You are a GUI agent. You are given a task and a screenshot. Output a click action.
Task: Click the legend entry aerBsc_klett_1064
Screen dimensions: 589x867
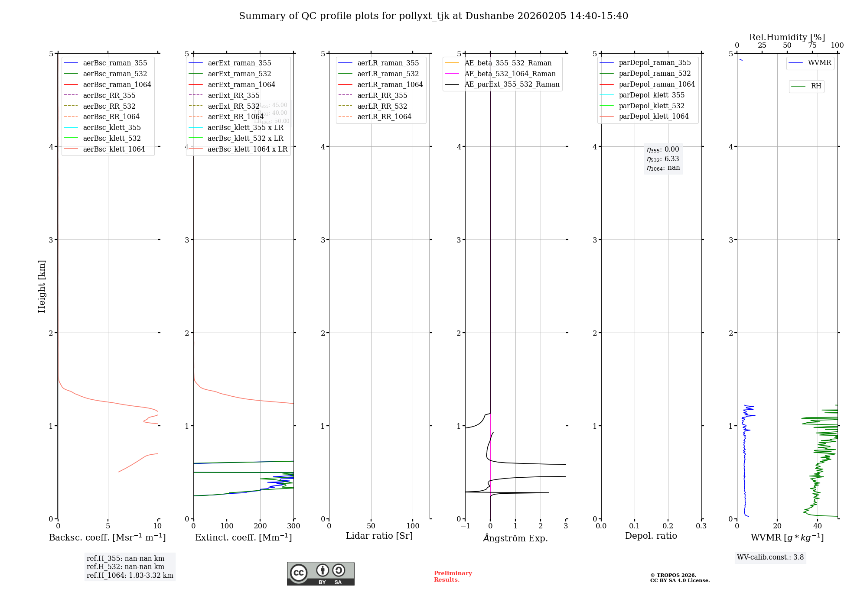click(x=114, y=149)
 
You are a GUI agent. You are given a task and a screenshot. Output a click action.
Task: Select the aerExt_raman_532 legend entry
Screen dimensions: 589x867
click(x=239, y=74)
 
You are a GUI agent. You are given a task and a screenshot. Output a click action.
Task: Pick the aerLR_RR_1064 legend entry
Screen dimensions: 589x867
click(x=384, y=117)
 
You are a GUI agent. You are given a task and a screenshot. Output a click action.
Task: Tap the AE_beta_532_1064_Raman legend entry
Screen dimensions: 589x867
click(x=510, y=74)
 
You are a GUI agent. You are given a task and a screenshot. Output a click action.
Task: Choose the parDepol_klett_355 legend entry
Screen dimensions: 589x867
click(x=652, y=95)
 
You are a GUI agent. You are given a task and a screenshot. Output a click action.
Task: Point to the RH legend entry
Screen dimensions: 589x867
click(x=816, y=86)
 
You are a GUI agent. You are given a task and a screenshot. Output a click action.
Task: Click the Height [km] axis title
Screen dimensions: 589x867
click(x=42, y=286)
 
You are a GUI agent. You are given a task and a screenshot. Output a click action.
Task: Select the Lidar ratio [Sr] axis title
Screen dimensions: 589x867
click(x=379, y=536)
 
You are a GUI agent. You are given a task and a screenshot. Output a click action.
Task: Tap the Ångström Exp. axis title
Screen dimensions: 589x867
click(x=515, y=538)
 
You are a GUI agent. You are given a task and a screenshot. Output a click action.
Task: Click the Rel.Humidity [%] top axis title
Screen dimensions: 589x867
click(x=787, y=37)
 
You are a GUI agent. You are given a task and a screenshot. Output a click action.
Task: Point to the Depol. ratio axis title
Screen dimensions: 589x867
click(x=651, y=536)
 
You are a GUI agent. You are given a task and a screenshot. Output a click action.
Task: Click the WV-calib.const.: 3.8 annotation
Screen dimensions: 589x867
click(x=770, y=557)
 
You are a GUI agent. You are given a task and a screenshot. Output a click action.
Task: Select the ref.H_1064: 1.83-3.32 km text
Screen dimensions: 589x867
click(x=130, y=576)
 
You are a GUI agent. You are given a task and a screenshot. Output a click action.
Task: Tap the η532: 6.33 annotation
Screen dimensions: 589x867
click(x=663, y=159)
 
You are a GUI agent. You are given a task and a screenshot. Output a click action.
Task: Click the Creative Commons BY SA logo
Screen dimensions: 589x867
click(x=320, y=573)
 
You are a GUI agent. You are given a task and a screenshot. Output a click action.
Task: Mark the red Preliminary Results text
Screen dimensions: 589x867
click(x=453, y=576)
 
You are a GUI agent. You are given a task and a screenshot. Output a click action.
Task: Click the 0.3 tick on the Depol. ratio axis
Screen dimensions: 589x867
click(x=701, y=526)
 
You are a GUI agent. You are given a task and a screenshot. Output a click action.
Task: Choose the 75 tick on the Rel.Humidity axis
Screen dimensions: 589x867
click(x=812, y=45)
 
